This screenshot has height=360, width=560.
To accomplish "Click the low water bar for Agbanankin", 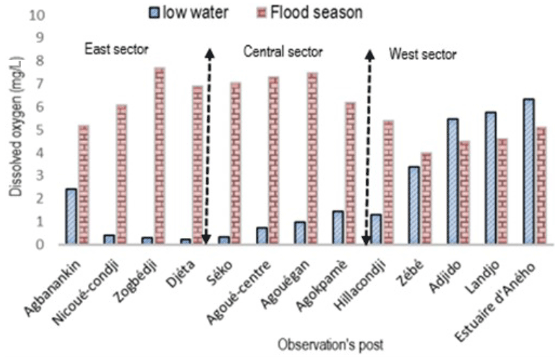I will (x=71, y=216).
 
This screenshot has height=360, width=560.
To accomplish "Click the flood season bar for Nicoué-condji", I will (x=121, y=174).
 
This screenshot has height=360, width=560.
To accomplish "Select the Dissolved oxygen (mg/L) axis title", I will (x=14, y=130).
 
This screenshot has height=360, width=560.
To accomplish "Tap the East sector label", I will (x=117, y=49).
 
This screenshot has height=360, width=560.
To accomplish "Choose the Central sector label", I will (x=283, y=52).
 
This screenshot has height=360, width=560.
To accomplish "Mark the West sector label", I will (x=422, y=54).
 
